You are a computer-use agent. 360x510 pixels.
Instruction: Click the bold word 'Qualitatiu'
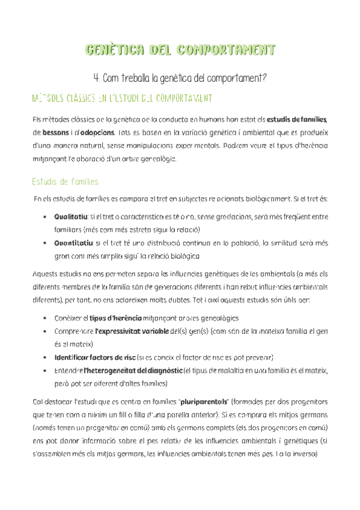coord(70,215)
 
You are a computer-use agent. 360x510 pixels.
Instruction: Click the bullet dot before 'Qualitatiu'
coord(47,216)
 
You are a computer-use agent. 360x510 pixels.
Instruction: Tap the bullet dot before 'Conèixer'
coord(47,318)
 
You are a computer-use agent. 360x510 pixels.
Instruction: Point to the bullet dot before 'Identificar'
coord(47,358)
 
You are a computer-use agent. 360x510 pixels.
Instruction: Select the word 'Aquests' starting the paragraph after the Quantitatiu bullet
coord(45,274)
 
